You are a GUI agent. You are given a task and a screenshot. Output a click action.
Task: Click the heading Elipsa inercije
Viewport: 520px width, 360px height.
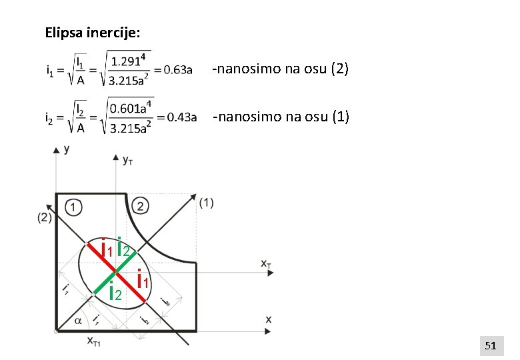click(93, 32)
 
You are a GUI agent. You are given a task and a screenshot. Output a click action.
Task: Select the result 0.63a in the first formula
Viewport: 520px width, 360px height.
click(179, 69)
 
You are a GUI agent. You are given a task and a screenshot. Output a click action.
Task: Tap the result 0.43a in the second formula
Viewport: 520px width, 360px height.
click(181, 118)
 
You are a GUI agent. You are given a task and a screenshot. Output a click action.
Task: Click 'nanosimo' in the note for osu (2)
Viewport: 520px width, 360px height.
click(243, 69)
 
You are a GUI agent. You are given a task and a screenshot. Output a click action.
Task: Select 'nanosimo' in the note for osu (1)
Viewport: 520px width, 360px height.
click(243, 117)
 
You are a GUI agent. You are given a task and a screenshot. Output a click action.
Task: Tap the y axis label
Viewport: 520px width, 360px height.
click(67, 149)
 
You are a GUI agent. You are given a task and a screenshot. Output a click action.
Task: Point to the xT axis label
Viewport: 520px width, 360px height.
click(265, 263)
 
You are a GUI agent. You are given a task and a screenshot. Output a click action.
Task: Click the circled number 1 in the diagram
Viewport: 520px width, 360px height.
click(74, 207)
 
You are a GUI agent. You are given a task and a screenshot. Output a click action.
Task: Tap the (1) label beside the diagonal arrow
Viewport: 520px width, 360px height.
click(206, 203)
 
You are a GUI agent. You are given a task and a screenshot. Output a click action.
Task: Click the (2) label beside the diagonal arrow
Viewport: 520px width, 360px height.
click(45, 217)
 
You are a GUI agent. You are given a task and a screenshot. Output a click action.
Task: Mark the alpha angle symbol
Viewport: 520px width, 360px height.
click(78, 321)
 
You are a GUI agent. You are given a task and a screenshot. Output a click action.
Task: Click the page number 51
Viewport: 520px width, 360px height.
click(491, 345)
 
